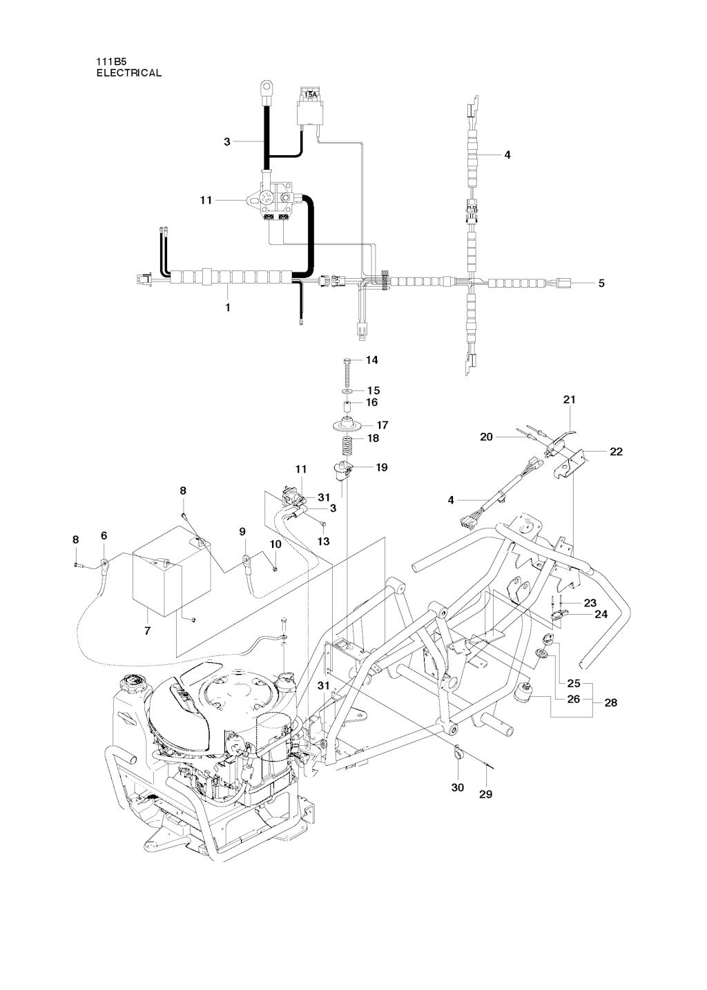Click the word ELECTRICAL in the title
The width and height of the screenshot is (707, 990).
coord(128,72)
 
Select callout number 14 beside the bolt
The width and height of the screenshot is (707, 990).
coord(372,360)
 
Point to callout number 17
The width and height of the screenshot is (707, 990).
coord(382,426)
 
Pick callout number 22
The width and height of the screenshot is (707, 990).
coord(617,452)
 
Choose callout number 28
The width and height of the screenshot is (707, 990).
coord(610,703)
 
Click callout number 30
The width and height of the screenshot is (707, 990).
coord(458,787)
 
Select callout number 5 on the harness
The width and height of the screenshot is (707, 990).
coord(601,283)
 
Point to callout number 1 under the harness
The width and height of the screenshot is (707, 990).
coord(227,308)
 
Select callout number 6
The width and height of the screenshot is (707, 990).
coord(104,535)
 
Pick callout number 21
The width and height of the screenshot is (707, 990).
coord(570,399)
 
